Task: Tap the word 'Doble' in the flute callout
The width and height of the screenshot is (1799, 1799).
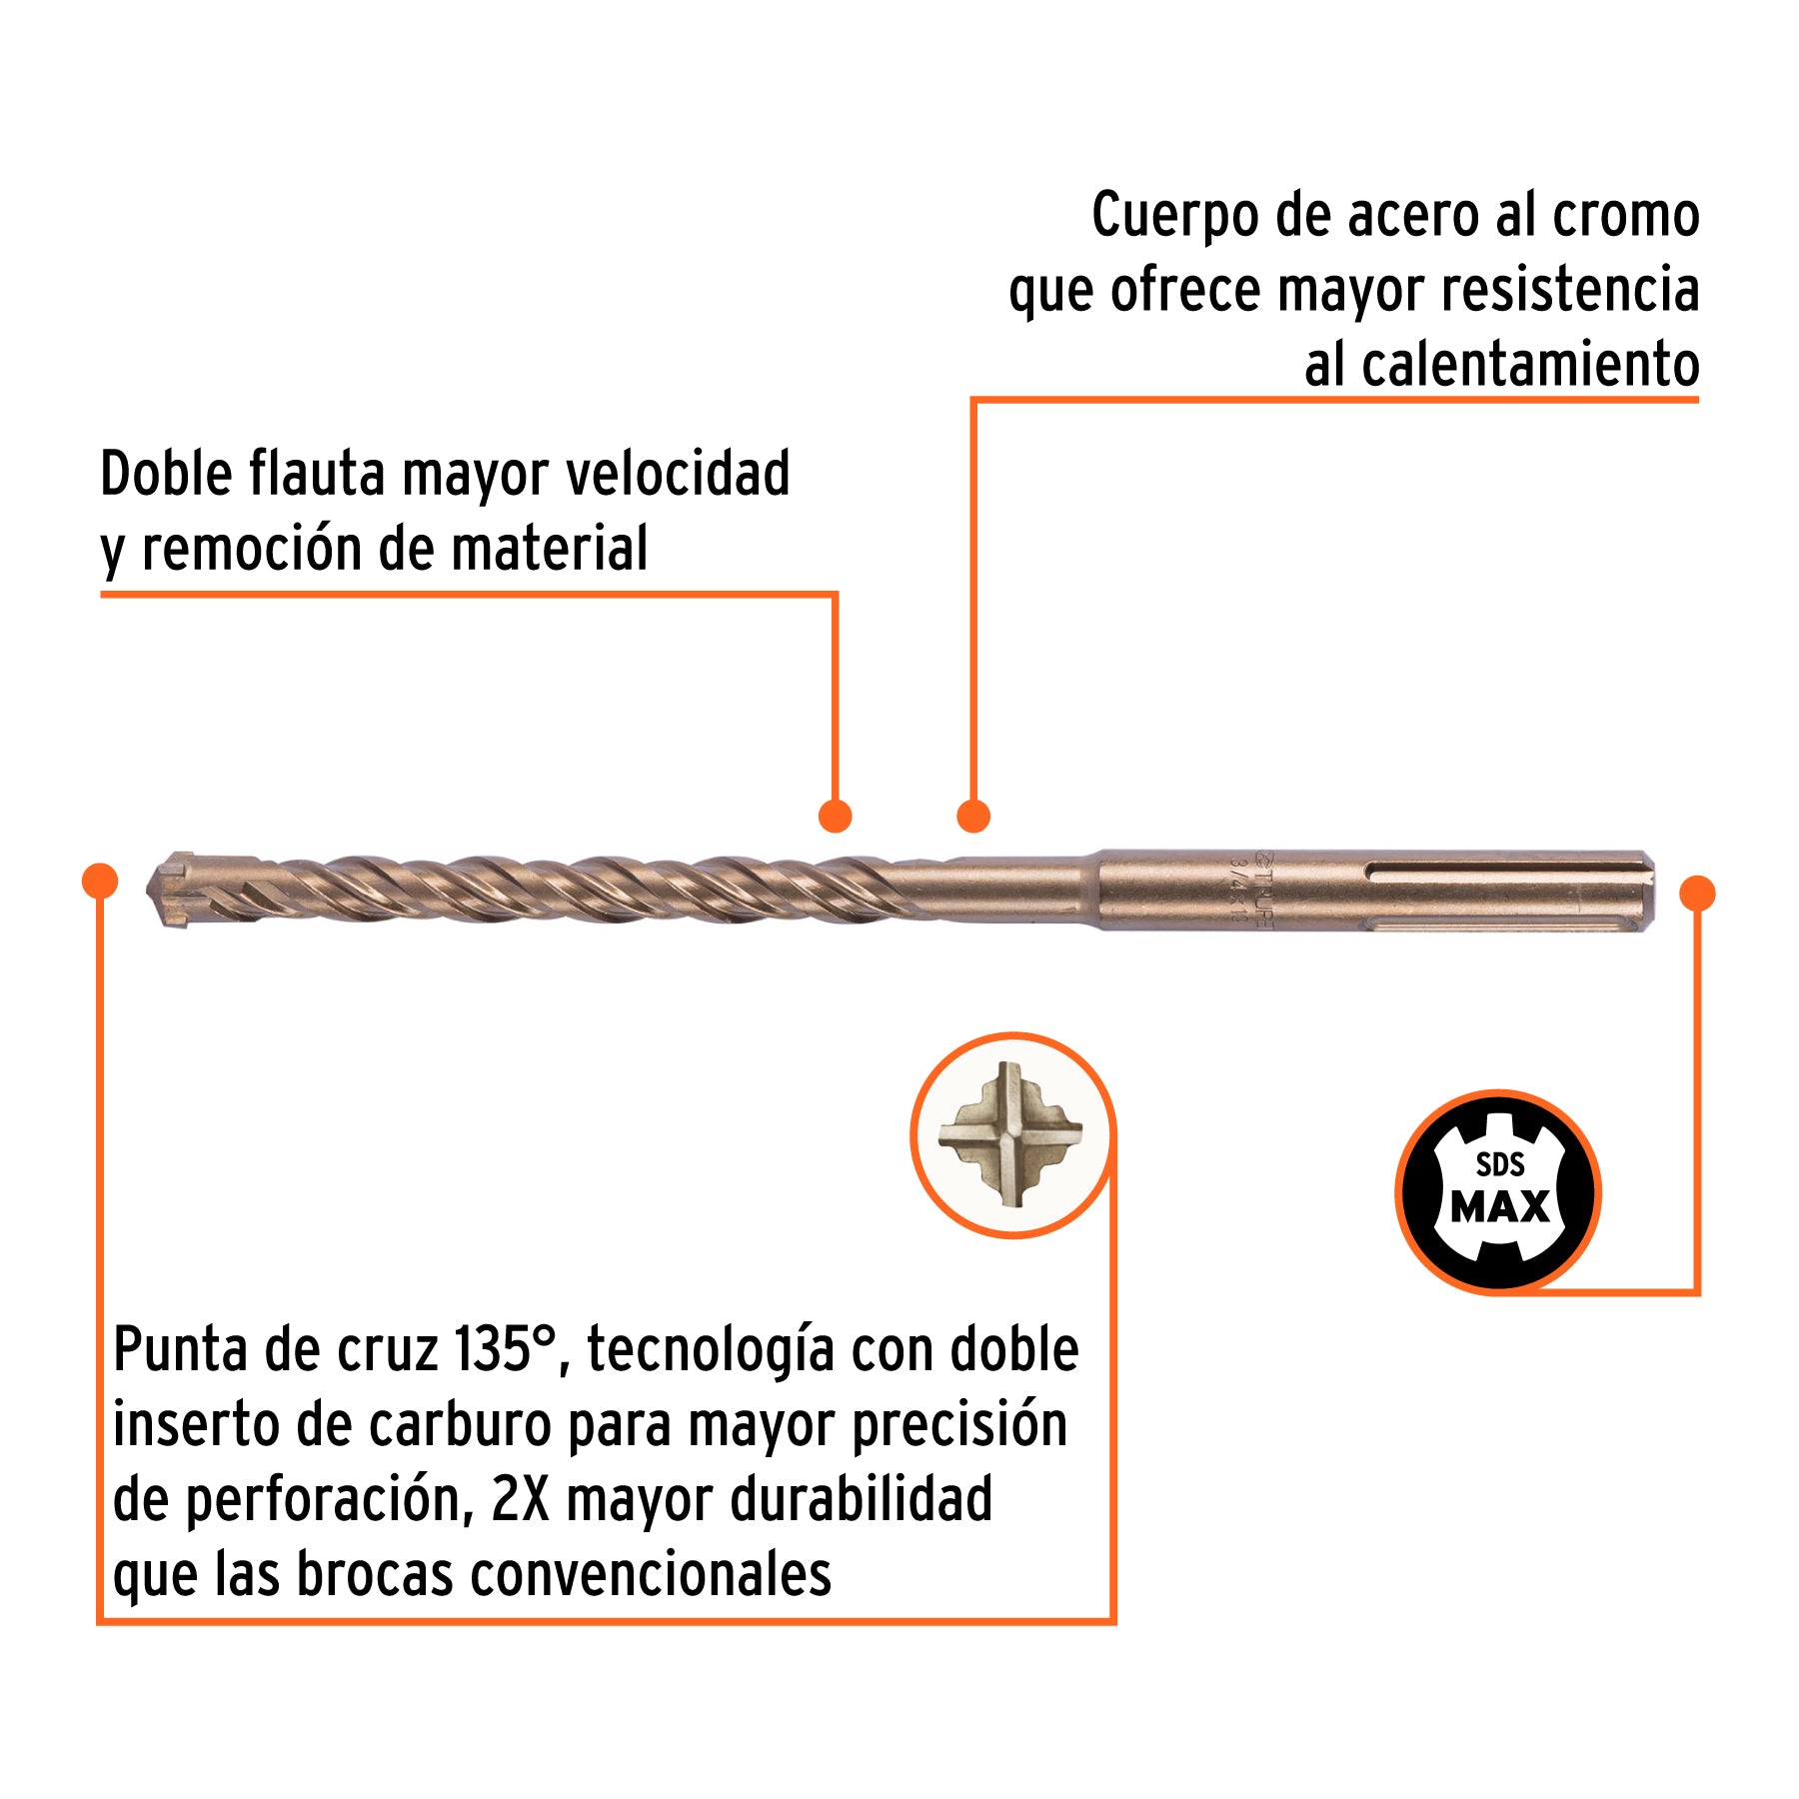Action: [x=167, y=474]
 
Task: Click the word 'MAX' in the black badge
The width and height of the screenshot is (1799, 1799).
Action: [x=1499, y=1207]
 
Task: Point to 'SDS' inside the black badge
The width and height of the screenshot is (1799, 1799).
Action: [x=1500, y=1164]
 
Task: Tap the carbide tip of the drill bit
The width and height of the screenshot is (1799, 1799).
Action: [x=172, y=889]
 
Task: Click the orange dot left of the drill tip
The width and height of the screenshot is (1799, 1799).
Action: [x=100, y=881]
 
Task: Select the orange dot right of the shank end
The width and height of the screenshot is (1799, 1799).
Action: [x=1697, y=893]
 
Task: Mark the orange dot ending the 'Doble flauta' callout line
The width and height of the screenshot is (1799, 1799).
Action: [x=835, y=816]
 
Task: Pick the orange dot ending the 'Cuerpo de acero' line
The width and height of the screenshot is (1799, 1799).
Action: [x=972, y=816]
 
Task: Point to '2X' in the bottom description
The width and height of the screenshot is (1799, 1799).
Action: [x=520, y=1500]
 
